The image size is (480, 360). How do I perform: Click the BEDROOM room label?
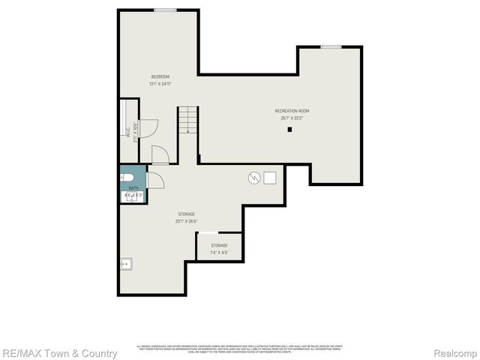click(160, 76)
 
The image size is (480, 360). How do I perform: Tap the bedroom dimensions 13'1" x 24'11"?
click(160, 83)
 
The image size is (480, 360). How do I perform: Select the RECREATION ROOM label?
click(292, 111)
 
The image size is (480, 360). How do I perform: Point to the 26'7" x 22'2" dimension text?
click(292, 118)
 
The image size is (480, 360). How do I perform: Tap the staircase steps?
click(187, 120)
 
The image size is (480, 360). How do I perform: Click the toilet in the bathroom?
click(125, 178)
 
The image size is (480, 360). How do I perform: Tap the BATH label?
click(133, 188)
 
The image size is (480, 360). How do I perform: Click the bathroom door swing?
click(155, 181)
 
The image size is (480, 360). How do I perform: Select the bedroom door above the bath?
click(160, 154)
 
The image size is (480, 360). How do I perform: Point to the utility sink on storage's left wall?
click(126, 263)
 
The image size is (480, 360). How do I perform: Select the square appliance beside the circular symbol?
click(269, 178)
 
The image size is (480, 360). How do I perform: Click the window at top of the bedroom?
click(165, 10)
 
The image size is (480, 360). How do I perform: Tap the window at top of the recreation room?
click(331, 47)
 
